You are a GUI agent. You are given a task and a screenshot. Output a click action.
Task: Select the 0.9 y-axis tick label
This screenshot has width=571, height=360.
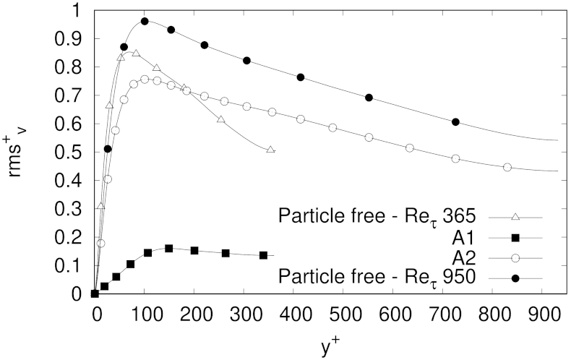(x=72, y=38)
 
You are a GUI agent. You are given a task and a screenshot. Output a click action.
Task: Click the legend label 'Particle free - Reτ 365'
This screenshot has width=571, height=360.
(x=376, y=216)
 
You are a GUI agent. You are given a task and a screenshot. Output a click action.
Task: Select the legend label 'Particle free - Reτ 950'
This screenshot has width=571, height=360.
(x=376, y=276)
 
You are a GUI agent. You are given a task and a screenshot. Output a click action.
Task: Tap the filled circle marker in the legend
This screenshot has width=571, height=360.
(x=516, y=276)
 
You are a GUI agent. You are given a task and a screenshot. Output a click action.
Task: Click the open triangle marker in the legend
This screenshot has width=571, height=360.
(x=516, y=216)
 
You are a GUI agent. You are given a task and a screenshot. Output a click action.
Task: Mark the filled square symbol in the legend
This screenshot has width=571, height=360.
(x=516, y=236)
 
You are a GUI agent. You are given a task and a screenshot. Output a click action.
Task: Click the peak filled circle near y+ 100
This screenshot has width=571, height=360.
(x=145, y=22)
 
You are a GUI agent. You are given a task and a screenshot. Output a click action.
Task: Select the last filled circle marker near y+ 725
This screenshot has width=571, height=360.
(x=455, y=122)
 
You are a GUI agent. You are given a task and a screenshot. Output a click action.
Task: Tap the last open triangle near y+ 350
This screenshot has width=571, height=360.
(x=270, y=150)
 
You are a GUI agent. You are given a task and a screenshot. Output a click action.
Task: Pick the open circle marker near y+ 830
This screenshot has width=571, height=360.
(x=507, y=167)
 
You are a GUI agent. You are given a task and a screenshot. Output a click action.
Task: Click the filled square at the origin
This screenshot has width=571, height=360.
(x=95, y=293)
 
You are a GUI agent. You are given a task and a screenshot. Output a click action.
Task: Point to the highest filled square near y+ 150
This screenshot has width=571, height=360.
(x=169, y=248)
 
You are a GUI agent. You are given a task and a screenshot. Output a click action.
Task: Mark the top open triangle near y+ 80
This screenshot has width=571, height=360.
(x=135, y=53)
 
